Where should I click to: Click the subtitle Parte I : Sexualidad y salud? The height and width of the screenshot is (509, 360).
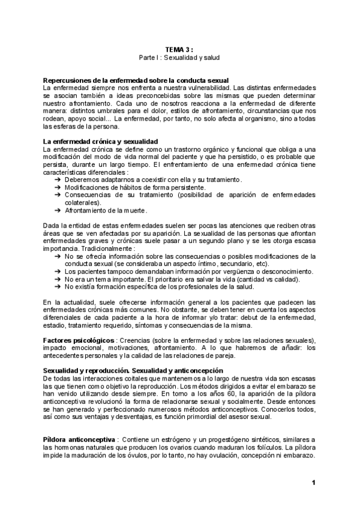[179, 59]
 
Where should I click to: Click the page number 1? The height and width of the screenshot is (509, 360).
[313, 483]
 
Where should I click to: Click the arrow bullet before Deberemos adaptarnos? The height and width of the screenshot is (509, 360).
[58, 179]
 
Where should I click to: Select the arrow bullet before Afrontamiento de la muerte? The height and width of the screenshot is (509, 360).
[58, 210]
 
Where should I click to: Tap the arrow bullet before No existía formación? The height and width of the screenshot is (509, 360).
[58, 286]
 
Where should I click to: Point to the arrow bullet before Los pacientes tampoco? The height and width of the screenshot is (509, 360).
[58, 271]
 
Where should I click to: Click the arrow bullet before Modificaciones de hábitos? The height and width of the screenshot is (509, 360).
[58, 187]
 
